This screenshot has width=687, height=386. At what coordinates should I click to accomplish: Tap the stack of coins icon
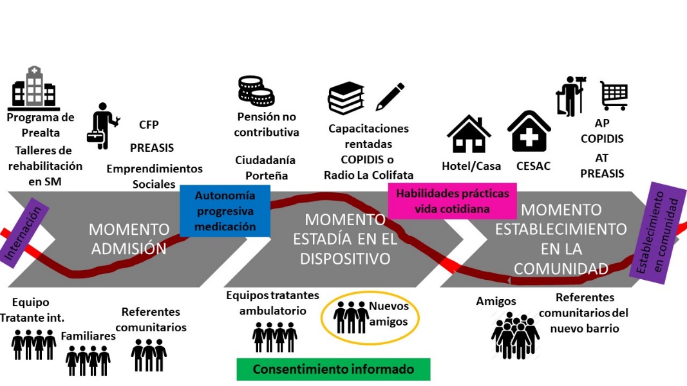pyautogui.click(x=256, y=91)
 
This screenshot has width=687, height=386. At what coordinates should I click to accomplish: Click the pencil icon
pyautogui.click(x=390, y=96)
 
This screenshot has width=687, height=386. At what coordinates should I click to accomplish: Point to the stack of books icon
pyautogui.click(x=346, y=98)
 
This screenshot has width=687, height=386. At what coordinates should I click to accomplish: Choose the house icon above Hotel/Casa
pyautogui.click(x=469, y=134)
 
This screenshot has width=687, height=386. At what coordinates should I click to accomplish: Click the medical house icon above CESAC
pyautogui.click(x=529, y=132)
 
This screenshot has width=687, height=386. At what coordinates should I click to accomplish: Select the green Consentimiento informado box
pyautogui.click(x=333, y=369)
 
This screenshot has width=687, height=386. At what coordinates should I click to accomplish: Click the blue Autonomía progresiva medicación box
pyautogui.click(x=225, y=210)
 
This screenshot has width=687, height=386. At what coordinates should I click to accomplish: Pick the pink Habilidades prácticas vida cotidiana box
pyautogui.click(x=452, y=201)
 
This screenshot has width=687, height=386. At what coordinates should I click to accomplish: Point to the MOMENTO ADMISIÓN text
pyautogui.click(x=129, y=239)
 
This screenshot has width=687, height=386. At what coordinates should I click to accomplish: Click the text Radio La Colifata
pyautogui.click(x=368, y=174)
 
